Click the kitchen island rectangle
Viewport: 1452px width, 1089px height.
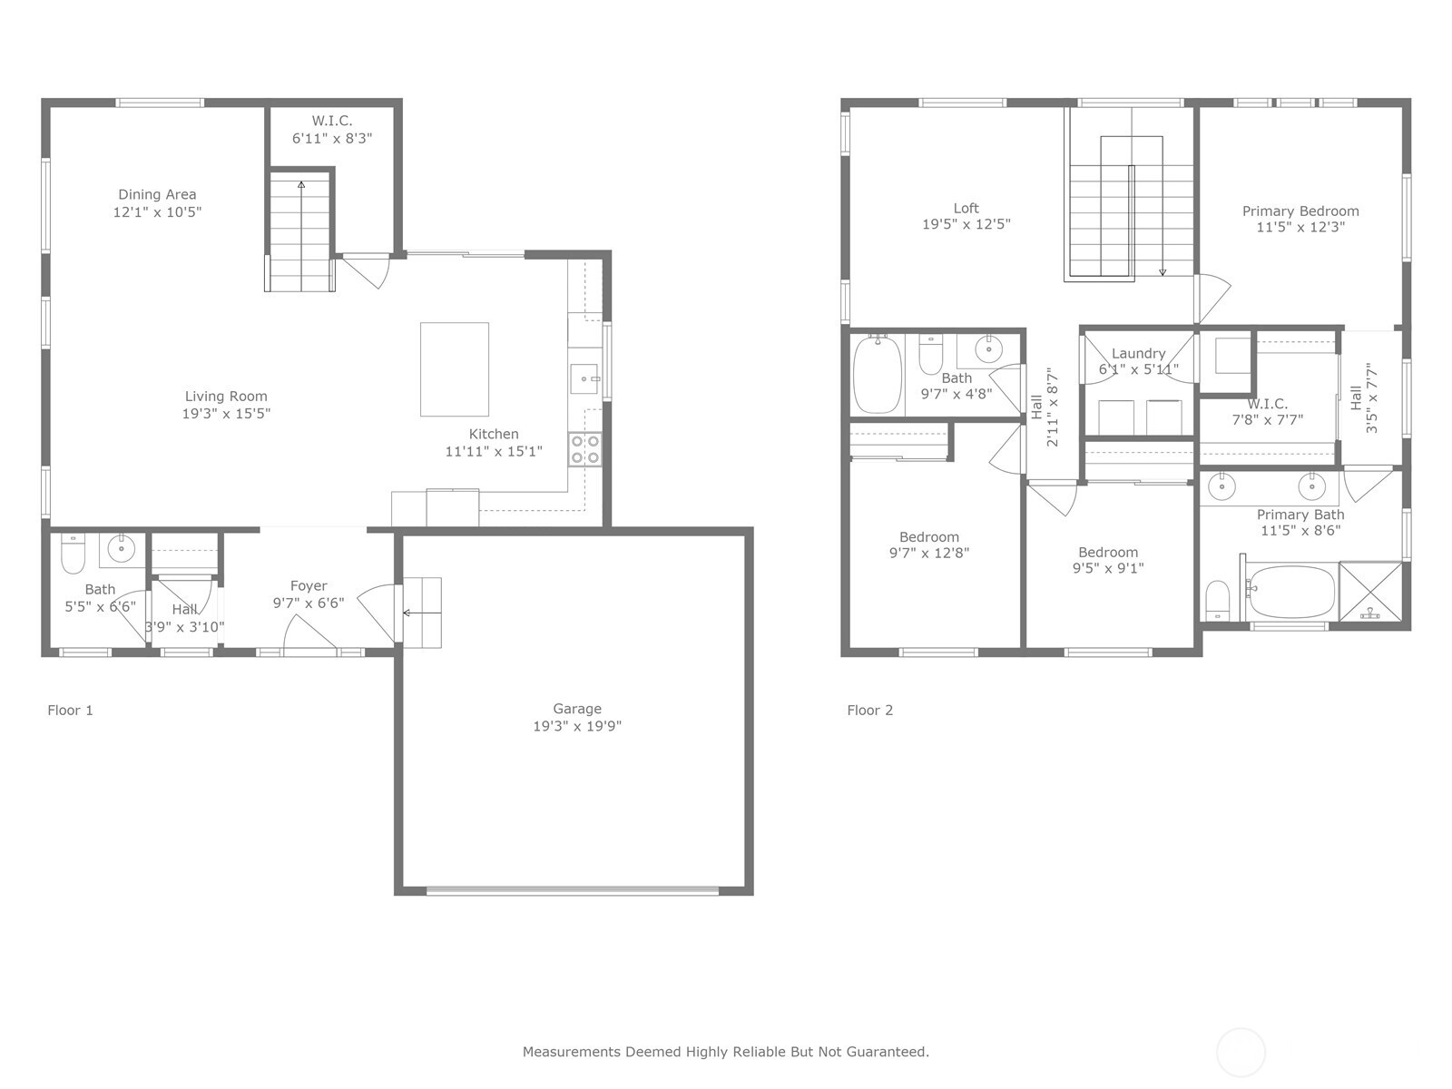pos(454,368)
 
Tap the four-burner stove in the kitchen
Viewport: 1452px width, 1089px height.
pos(584,450)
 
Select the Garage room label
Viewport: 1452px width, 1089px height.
pos(577,709)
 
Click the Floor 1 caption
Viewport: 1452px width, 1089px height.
pos(70,711)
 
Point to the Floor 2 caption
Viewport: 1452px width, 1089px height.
pos(869,711)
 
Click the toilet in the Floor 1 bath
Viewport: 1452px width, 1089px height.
pos(73,554)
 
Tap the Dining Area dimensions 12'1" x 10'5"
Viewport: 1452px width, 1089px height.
pos(157,212)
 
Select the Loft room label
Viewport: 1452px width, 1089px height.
pos(966,208)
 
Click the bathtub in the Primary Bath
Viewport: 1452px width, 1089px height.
pos(1289,592)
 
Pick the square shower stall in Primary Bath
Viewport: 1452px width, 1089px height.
pos(1370,592)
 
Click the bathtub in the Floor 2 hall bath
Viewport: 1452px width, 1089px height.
pos(877,375)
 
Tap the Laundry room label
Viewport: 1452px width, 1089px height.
pos(1138,354)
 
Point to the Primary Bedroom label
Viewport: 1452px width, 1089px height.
pos(1300,211)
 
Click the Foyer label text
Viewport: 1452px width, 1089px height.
pos(309,586)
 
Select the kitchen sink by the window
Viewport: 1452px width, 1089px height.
pos(584,378)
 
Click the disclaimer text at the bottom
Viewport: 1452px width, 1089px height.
pos(725,1052)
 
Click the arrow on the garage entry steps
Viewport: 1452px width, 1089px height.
pos(407,613)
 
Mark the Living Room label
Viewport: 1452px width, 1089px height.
pos(226,397)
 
